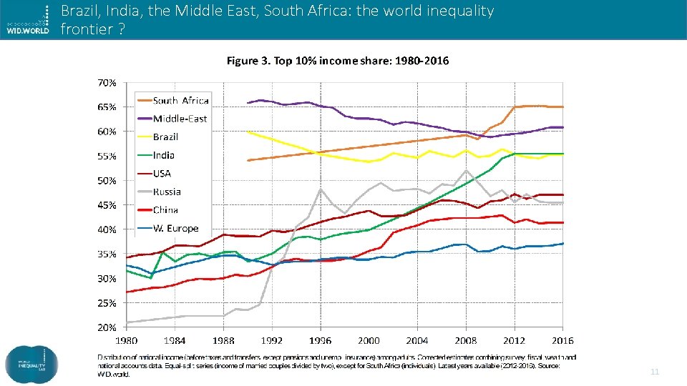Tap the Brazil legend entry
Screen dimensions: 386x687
click(x=165, y=137)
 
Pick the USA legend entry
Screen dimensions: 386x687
click(x=162, y=174)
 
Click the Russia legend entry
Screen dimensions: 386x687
click(x=167, y=192)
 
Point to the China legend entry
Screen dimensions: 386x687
click(x=165, y=210)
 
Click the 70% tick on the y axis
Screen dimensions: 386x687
click(x=107, y=83)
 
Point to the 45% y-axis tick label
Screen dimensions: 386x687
click(x=107, y=205)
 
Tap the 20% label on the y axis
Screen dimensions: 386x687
click(x=107, y=327)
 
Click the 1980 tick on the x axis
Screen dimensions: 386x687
click(x=127, y=341)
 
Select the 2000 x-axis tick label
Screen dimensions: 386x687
click(x=369, y=341)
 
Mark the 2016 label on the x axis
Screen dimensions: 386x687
click(x=562, y=341)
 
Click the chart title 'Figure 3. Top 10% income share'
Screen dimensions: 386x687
click(x=338, y=61)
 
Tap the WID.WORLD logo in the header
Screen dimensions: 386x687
click(x=26, y=19)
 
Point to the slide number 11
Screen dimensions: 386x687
click(x=654, y=372)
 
